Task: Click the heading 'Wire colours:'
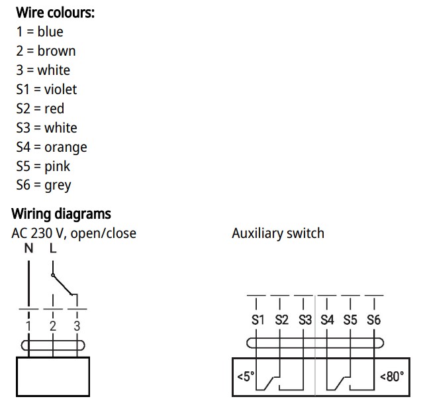pos(55,13)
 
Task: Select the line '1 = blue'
pos(40,32)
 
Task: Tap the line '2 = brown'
pos(46,51)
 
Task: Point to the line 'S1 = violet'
pos(46,89)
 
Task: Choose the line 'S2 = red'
pos(40,109)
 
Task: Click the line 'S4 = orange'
pos(52,147)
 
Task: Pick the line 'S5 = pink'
pos(43,166)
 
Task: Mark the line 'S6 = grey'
pos(44,186)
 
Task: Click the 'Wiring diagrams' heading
pos(61,214)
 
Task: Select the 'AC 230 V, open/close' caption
pos(74,233)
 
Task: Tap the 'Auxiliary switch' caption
pos(278,233)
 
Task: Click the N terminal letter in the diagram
pos(29,249)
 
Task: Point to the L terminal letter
pos(53,249)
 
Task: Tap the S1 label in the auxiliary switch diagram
pos(258,320)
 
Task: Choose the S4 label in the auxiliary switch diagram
pos(327,320)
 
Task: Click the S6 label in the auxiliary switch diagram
pos(373,320)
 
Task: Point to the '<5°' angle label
pos(246,377)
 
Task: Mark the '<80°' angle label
pos(392,377)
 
